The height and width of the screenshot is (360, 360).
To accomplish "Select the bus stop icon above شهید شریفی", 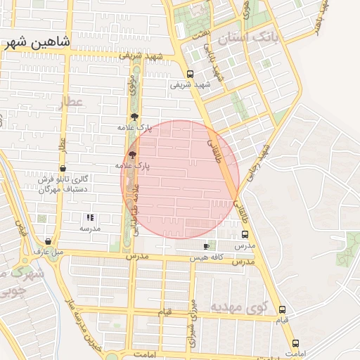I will [190, 74].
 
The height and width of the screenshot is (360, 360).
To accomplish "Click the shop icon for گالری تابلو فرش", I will [64, 169].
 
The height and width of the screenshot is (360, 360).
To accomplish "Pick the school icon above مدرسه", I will [89, 218].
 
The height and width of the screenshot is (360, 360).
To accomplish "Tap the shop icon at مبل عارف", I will [48, 241].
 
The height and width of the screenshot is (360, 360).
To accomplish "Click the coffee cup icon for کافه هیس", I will [206, 247].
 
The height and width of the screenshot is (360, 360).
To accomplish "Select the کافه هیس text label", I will [205, 259].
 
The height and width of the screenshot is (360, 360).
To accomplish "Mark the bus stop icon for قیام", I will [282, 309].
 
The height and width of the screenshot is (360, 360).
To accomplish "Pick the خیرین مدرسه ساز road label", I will [84, 327].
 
